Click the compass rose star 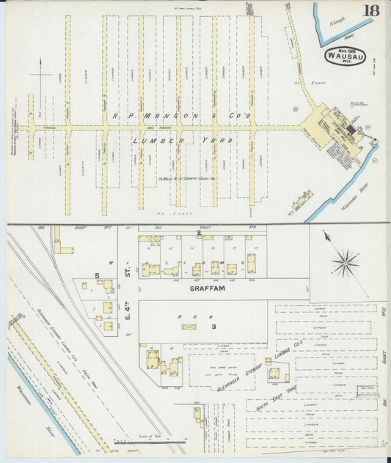click(344, 262)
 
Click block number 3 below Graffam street click(214, 326)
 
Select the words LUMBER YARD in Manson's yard click(183, 139)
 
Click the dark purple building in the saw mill click(351, 130)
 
